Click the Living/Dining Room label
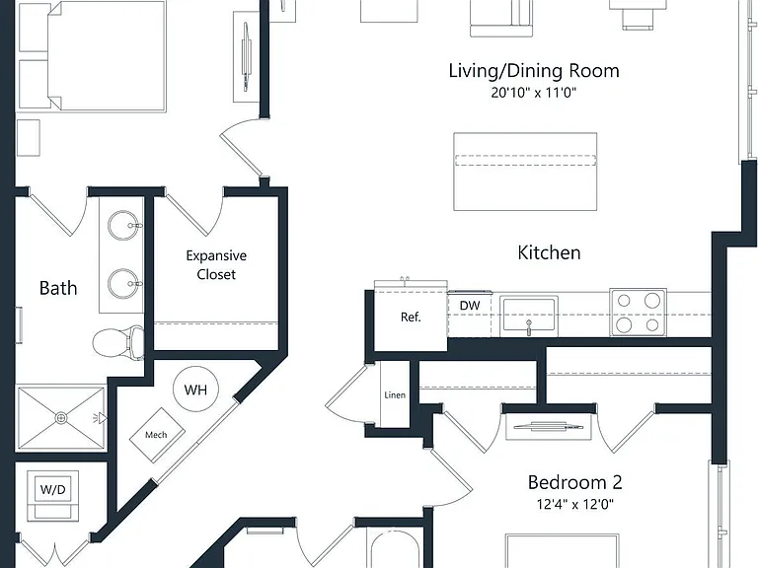point(534,71)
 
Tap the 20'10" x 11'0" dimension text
point(534,93)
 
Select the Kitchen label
point(549,252)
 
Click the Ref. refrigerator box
point(411,317)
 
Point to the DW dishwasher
point(470,314)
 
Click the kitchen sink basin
point(529,316)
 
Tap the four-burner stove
point(639,313)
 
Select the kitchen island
point(525,172)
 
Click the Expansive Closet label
point(216,264)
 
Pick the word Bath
point(58,288)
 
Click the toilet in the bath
point(118,342)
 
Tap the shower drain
point(61,418)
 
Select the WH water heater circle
point(195,390)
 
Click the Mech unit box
point(157,435)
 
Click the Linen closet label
point(395,395)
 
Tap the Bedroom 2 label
point(574,482)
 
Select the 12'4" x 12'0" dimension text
point(574,504)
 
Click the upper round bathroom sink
point(124,225)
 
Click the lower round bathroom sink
point(124,284)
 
